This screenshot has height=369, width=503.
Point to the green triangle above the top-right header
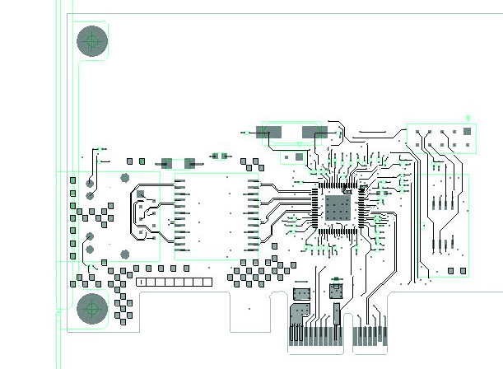468,119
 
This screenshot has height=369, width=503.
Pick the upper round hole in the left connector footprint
125,177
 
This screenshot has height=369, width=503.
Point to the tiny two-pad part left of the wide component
220,155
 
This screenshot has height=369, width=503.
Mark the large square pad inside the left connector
141,194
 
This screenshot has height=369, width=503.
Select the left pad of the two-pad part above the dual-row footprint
167,163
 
